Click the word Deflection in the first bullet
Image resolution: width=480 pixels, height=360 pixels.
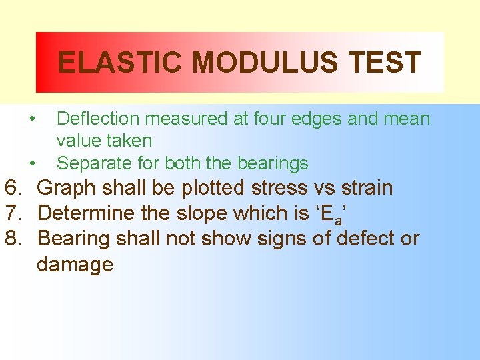pos(99,119)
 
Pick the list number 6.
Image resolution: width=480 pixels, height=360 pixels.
pos(13,188)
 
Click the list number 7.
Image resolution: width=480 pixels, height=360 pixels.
pos(13,213)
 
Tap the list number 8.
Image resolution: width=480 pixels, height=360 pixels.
pos(13,238)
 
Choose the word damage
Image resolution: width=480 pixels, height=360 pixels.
pos(75,265)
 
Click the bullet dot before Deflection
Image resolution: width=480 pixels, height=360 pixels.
pos(32,119)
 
